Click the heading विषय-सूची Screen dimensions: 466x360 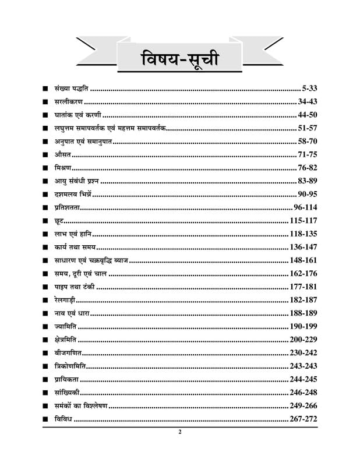(180, 59)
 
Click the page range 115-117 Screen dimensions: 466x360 (303, 220)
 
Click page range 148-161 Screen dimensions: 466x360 (303, 260)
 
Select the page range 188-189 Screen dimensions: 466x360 (303, 313)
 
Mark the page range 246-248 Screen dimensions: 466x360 (303, 393)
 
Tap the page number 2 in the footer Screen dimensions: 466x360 (180, 432)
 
